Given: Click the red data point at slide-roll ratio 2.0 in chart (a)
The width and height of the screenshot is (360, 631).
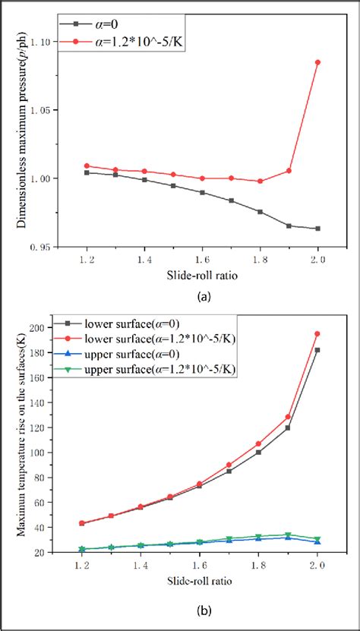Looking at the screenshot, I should (317, 62).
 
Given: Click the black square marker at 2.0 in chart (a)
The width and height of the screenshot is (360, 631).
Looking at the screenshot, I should (317, 229).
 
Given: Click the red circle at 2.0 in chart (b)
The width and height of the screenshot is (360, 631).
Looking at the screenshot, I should (317, 333).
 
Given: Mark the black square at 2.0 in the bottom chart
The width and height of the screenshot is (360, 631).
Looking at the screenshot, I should (317, 350).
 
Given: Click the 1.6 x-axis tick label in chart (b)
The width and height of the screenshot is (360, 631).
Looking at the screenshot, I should (199, 566).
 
